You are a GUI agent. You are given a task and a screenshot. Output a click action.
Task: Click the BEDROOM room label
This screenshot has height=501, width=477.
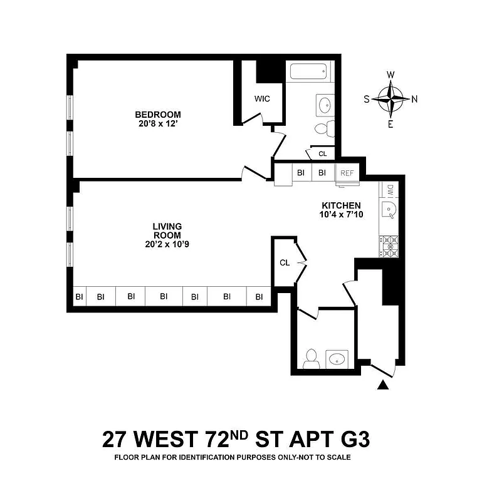pyautogui.click(x=158, y=115)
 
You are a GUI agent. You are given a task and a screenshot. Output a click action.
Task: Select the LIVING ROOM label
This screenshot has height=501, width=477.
pyautogui.click(x=167, y=230)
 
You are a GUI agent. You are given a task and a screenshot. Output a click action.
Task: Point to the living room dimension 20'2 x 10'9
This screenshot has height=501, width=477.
pyautogui.click(x=167, y=244)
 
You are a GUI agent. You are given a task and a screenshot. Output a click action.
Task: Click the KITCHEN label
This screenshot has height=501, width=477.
pyautogui.click(x=341, y=205)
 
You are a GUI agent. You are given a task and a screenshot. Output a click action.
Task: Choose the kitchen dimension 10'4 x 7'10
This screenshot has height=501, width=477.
pyautogui.click(x=341, y=215)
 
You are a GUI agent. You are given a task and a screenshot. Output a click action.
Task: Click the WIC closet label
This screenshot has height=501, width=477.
pyautogui.click(x=261, y=99)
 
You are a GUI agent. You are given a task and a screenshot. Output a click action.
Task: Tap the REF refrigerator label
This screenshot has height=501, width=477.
pyautogui.click(x=347, y=172)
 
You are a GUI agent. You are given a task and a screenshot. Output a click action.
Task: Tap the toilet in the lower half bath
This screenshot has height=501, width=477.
pyautogui.click(x=310, y=359)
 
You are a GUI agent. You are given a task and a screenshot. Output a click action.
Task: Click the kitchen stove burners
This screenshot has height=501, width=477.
pyautogui.click(x=389, y=245)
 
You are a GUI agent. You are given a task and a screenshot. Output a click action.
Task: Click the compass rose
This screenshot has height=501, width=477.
pyautogui.click(x=391, y=98)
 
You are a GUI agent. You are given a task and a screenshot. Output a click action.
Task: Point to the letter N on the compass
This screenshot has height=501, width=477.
pyautogui.click(x=414, y=98)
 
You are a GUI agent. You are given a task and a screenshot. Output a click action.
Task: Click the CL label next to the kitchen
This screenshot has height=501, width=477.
pyautogui.click(x=285, y=262)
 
